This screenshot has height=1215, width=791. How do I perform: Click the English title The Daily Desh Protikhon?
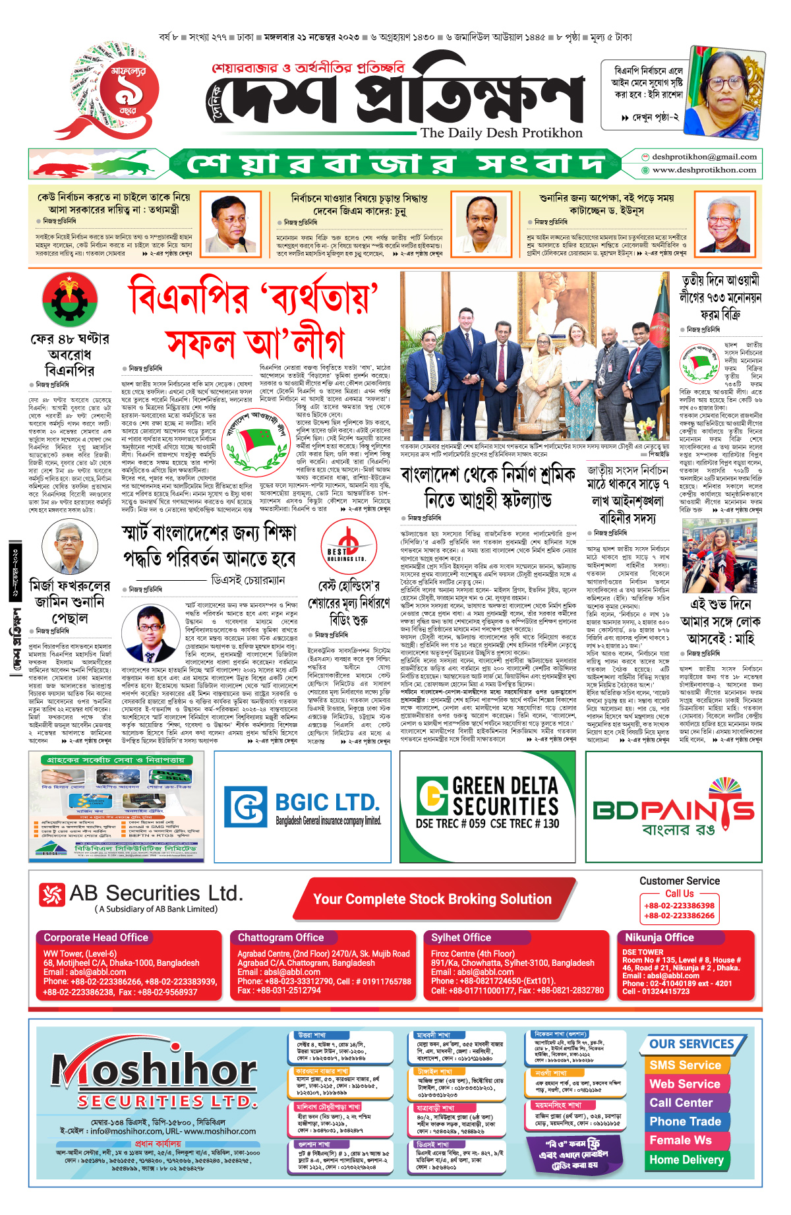click(x=501, y=133)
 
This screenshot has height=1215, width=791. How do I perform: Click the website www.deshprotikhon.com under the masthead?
click(x=704, y=170)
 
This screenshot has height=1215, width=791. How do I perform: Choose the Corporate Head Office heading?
click(x=96, y=937)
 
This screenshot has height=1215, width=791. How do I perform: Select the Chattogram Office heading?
click(x=281, y=937)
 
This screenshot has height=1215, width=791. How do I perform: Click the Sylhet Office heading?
click(x=461, y=937)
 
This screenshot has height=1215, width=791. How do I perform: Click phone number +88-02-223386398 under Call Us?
click(x=679, y=906)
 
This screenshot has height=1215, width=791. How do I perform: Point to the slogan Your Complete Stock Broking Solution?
click(x=432, y=899)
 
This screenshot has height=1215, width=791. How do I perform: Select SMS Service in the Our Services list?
click(x=685, y=1065)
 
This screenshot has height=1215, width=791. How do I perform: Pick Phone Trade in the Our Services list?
click(x=685, y=1121)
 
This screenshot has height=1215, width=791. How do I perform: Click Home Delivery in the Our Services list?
click(x=686, y=1160)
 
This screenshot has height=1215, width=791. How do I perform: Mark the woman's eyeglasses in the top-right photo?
click(x=724, y=84)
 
